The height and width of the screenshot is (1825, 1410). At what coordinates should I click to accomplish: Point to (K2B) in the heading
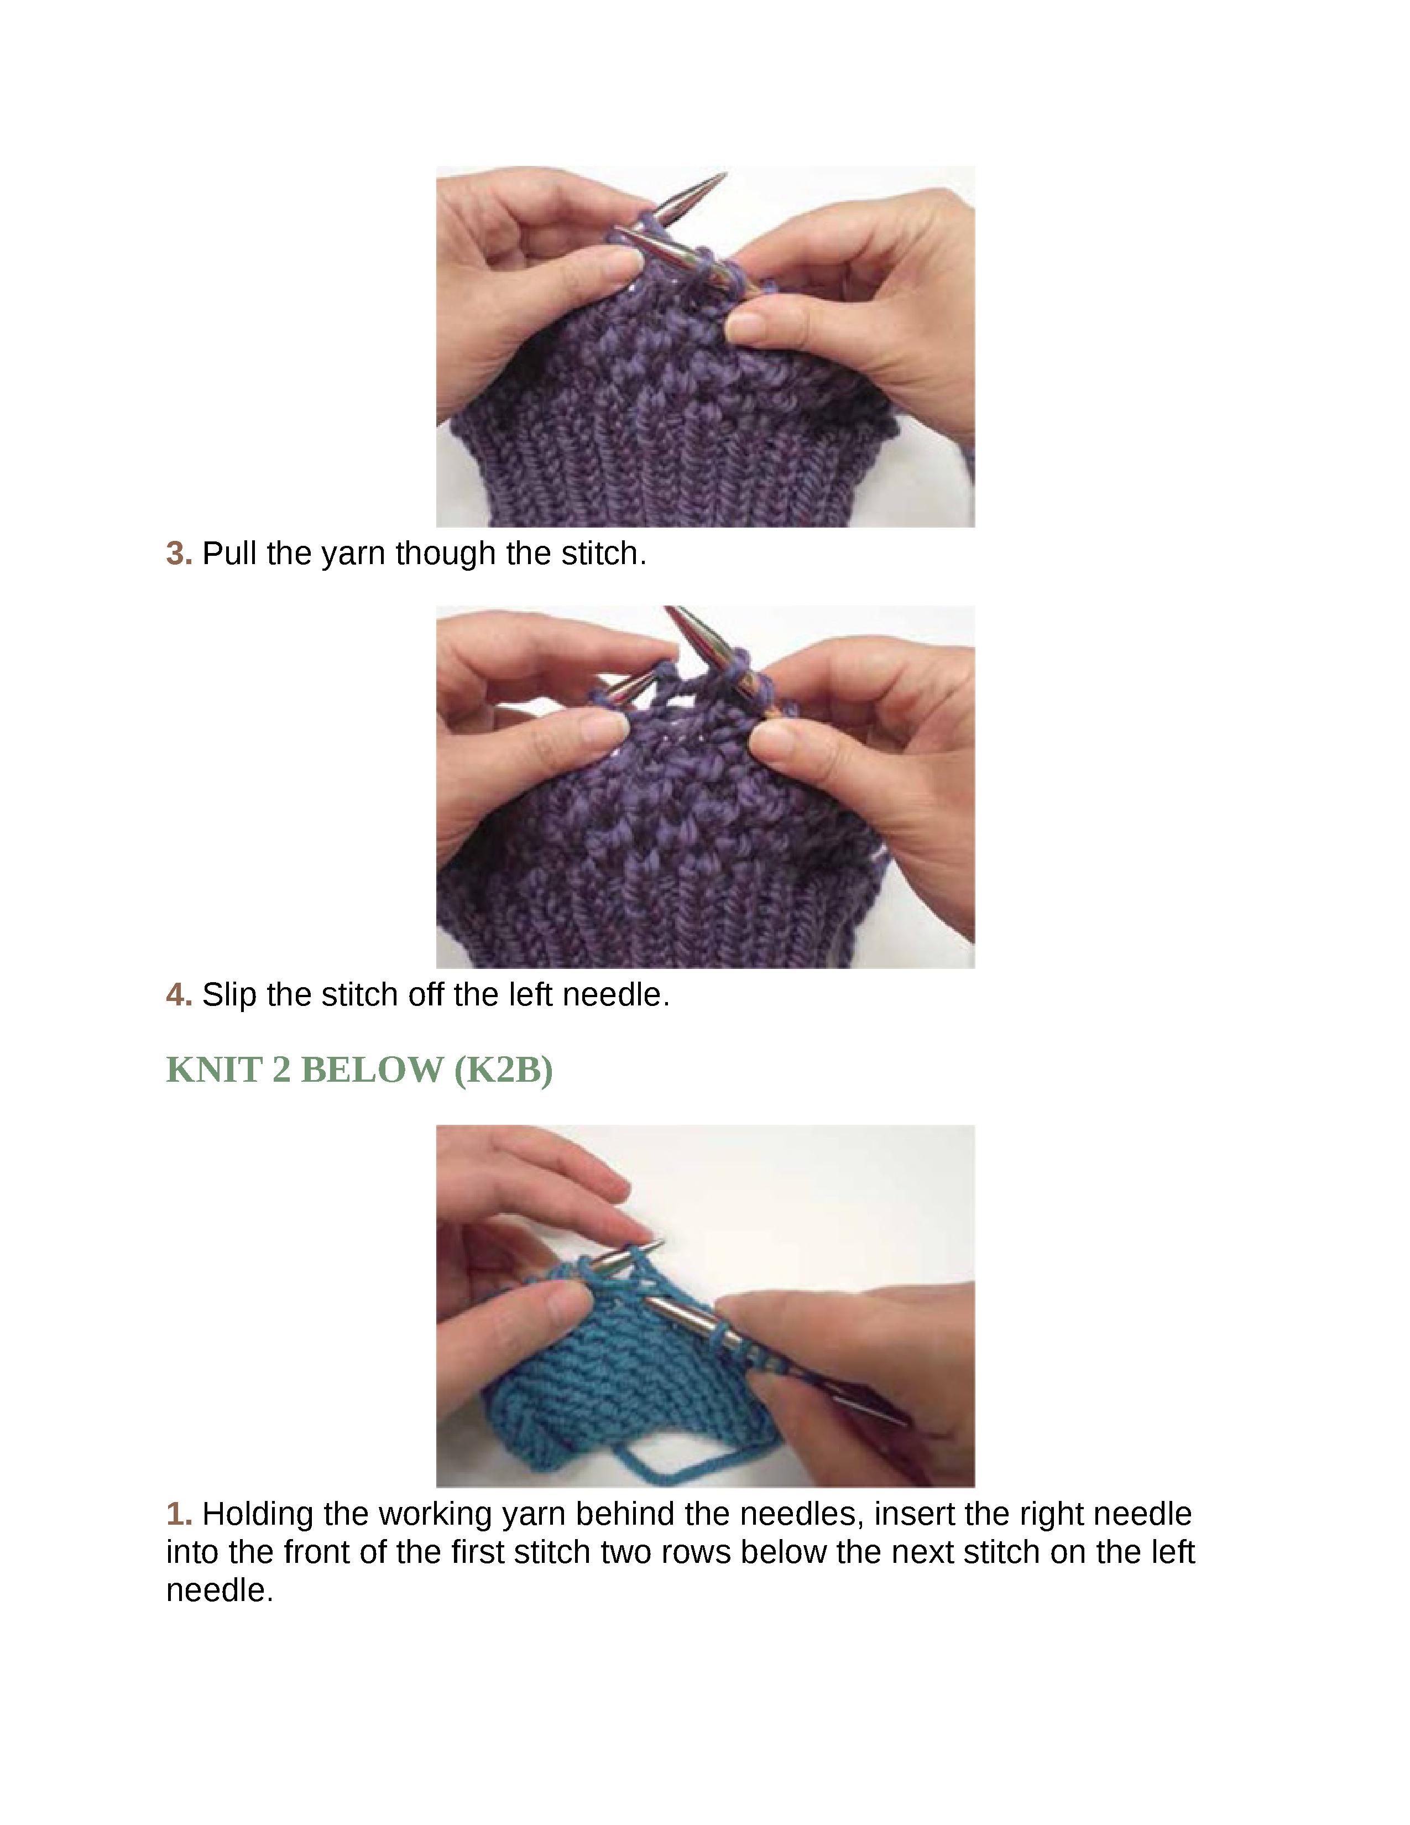503,1071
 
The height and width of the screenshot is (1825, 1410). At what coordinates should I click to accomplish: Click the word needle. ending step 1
220,1590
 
